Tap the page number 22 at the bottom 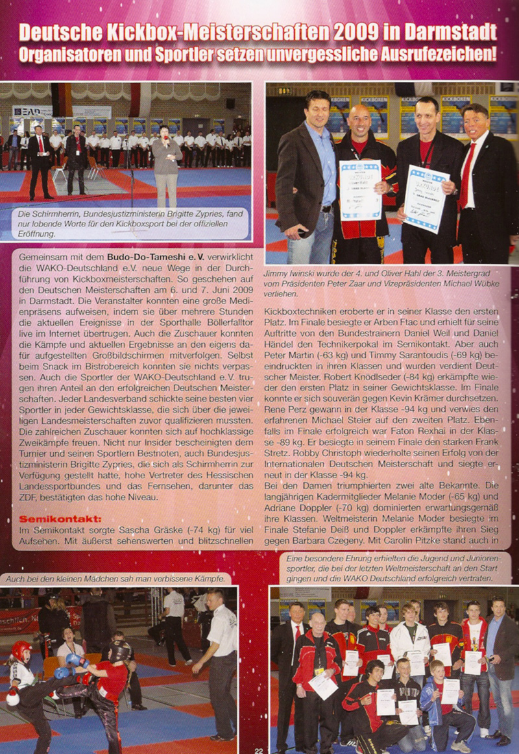coord(259,748)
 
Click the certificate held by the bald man coord(361,190)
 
